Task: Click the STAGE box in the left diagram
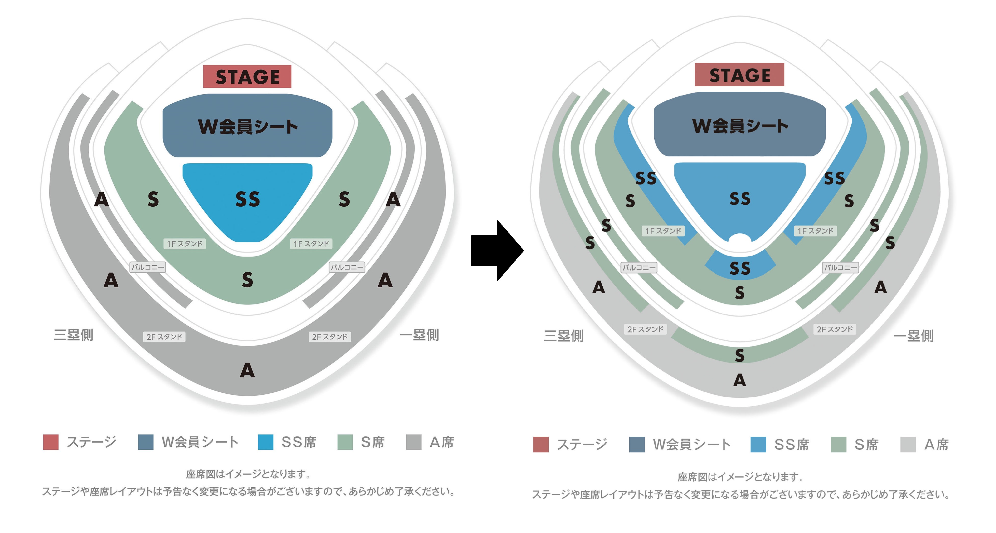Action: tap(247, 77)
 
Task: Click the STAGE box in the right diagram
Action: tap(739, 75)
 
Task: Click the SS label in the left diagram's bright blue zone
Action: tap(247, 199)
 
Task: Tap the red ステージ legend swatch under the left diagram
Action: tap(51, 442)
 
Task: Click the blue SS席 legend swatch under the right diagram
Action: tap(758, 444)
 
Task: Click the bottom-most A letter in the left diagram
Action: tap(247, 370)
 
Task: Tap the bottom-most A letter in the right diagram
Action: tap(740, 380)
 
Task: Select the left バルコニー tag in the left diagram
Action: tap(148, 267)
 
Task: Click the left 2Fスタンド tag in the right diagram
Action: tap(645, 329)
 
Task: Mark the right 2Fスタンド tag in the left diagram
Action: tap(330, 337)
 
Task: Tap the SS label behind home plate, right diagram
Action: tap(740, 268)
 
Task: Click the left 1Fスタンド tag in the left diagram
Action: tap(184, 244)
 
